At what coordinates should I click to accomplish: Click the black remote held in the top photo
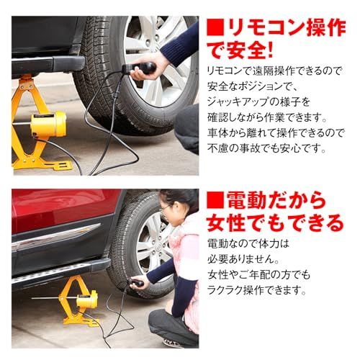click(x=140, y=68)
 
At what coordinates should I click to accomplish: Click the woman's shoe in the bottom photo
click(x=173, y=343)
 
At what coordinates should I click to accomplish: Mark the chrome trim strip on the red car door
click(x=54, y=238)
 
